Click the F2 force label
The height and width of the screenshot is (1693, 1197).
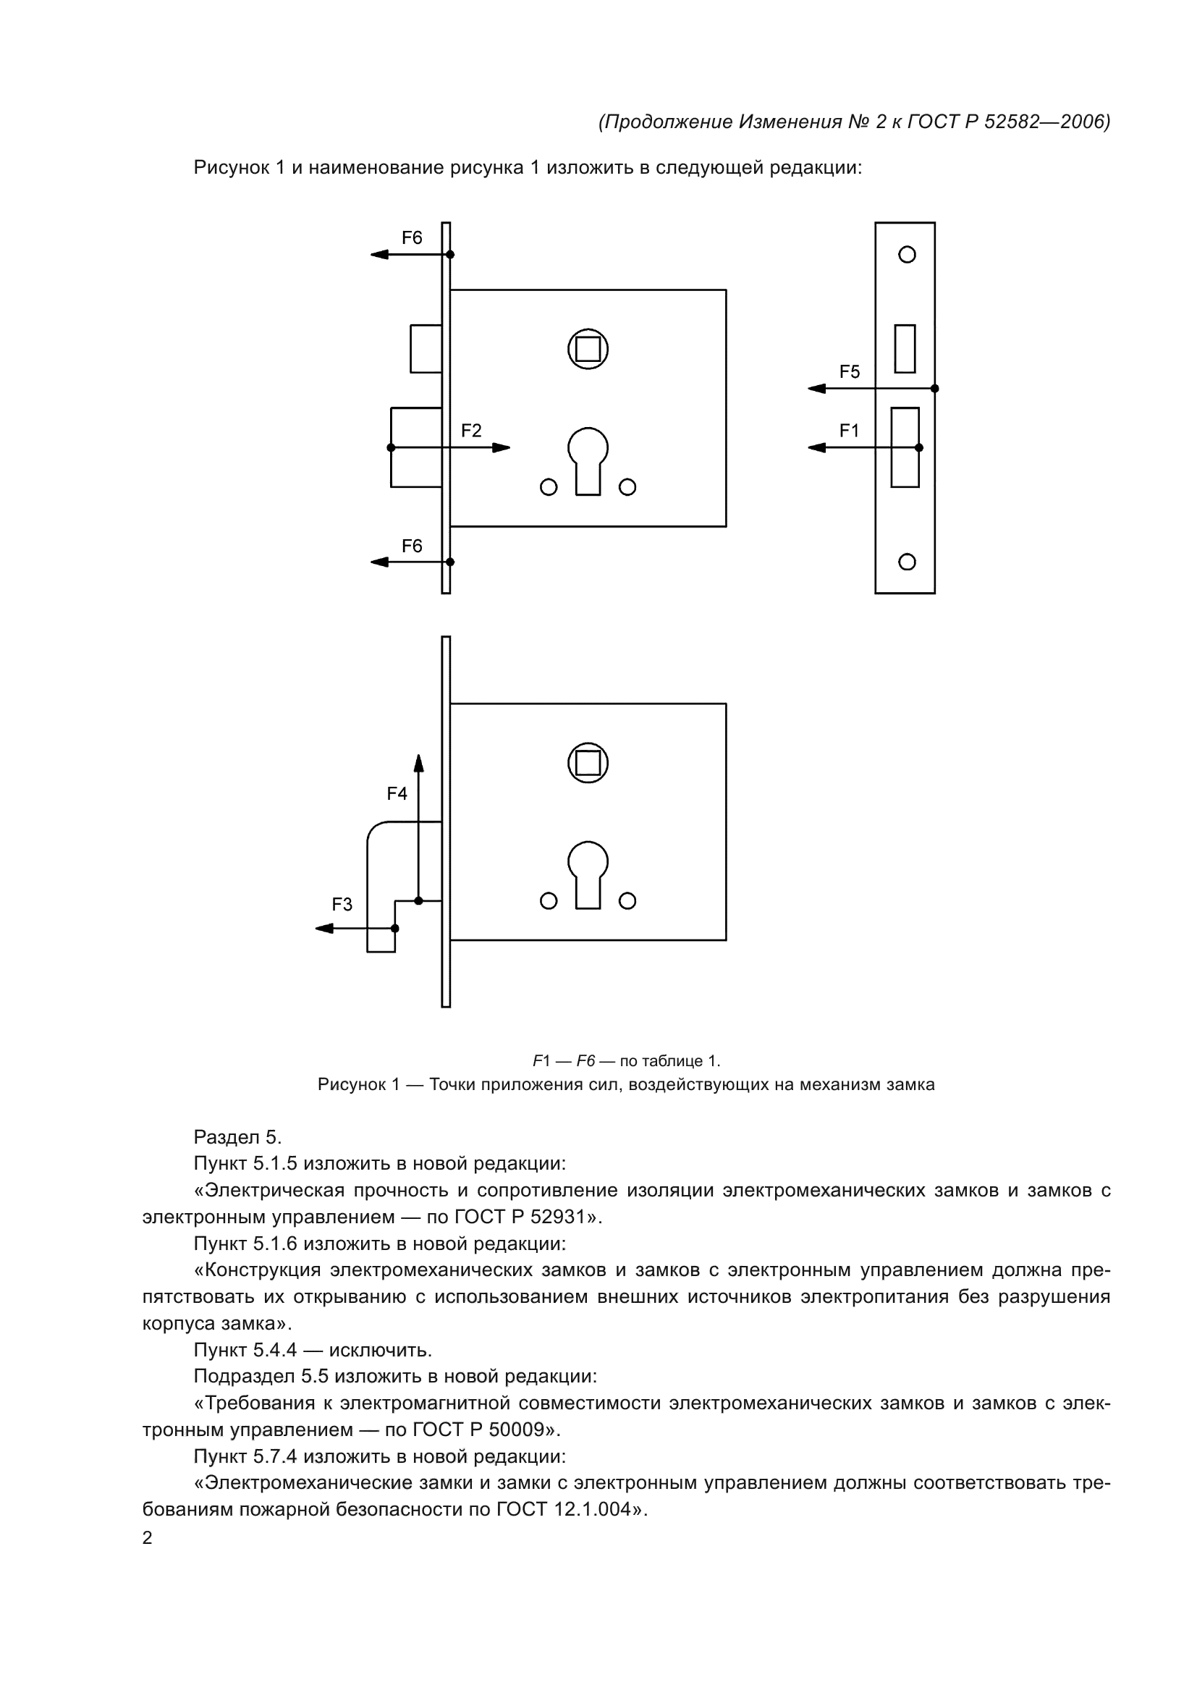click(471, 431)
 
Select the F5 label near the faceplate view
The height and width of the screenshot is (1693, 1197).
click(849, 371)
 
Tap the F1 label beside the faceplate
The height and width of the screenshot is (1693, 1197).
click(849, 431)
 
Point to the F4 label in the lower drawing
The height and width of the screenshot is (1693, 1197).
click(397, 793)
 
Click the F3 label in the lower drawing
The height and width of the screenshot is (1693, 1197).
click(342, 905)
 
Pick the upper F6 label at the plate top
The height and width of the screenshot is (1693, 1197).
click(411, 238)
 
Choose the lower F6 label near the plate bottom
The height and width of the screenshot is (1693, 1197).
click(411, 546)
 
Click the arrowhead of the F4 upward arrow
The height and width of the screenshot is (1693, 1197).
click(418, 762)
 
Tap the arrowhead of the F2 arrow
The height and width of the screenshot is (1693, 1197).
click(502, 447)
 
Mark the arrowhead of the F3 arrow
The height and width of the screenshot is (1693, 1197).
click(323, 929)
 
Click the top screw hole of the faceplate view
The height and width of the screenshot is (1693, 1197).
click(908, 254)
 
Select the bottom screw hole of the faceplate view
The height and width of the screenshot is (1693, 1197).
click(908, 562)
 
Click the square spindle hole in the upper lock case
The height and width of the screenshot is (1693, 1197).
click(588, 349)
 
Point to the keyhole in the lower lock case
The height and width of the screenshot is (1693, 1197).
click(588, 874)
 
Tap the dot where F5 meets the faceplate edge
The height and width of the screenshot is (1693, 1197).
click(934, 389)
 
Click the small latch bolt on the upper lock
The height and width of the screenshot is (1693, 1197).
click(426, 348)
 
